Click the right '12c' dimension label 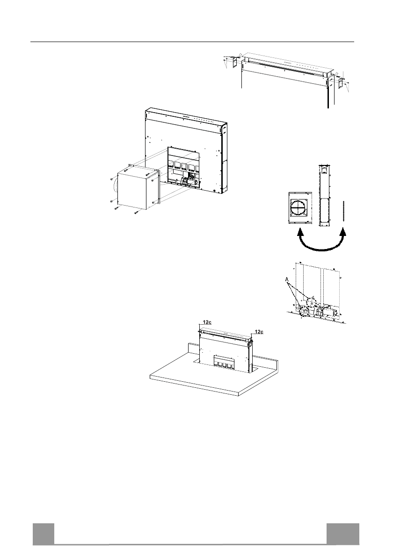coord(259,332)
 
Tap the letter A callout coord(287,279)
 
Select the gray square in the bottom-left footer coord(44,534)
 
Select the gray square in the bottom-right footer coord(343,534)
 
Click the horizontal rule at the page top coord(192,42)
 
